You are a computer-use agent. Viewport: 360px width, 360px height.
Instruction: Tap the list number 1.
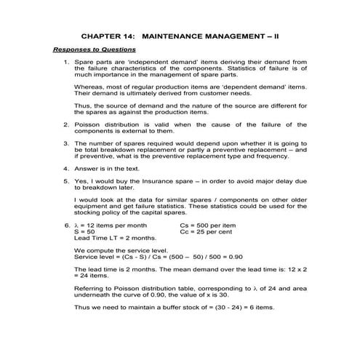[x=67, y=63]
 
